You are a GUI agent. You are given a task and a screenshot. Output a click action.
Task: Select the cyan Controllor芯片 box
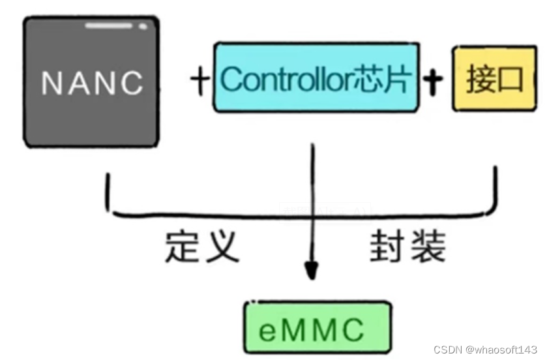point(316,78)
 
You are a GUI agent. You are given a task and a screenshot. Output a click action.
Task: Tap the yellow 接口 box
point(495,79)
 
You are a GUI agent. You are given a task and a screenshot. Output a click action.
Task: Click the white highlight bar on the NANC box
point(110,26)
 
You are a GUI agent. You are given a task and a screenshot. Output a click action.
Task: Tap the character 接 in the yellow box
point(480,80)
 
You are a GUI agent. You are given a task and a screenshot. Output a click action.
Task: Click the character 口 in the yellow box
point(511,80)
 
